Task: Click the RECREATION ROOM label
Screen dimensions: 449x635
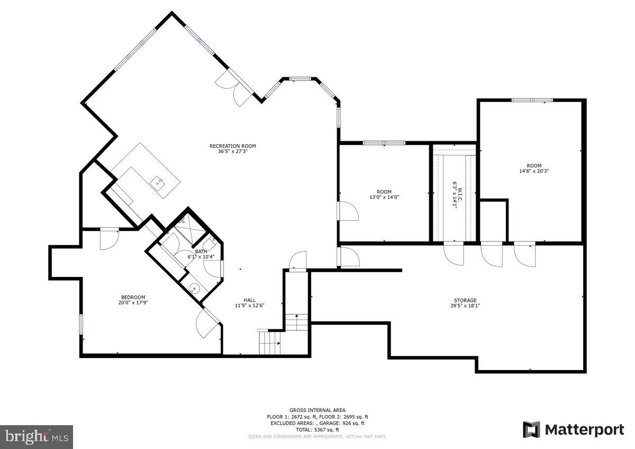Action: point(232,146)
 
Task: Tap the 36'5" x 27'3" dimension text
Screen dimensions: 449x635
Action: point(232,151)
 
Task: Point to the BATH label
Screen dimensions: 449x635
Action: point(201,252)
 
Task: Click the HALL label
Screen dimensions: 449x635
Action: point(250,300)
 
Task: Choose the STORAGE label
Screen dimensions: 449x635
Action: point(465,300)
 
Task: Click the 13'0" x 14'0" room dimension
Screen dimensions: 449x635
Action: point(384,197)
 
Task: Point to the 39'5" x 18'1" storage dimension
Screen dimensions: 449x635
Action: point(465,306)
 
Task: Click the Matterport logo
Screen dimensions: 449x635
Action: point(574,429)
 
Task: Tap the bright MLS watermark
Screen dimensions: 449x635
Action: point(36,437)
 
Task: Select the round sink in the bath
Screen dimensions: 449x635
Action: point(194,289)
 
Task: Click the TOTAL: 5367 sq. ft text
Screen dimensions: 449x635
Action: point(317,429)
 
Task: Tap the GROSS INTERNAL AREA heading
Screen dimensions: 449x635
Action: point(317,410)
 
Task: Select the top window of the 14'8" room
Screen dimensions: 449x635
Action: point(532,100)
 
